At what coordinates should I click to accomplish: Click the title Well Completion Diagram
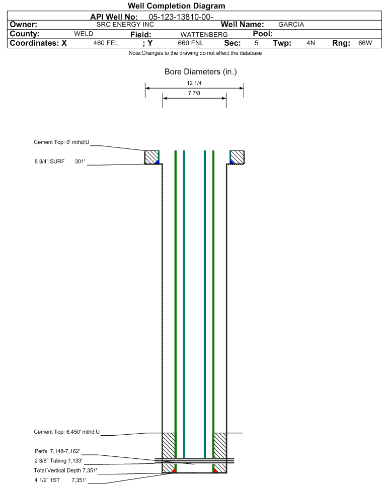click(177, 6)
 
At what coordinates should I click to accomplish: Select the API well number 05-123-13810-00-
click(181, 17)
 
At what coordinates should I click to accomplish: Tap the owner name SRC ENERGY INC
click(125, 24)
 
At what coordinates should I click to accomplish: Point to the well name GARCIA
click(291, 24)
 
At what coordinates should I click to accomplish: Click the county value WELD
click(84, 34)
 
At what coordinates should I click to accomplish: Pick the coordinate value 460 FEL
click(106, 43)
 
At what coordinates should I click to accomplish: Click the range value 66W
click(365, 43)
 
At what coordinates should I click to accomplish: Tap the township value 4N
click(311, 43)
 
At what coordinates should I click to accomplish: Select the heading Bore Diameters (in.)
click(200, 72)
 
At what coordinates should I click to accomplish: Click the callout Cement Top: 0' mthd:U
click(61, 142)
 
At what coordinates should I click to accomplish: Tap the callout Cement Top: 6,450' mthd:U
click(67, 432)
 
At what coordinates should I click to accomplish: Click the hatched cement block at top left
click(151, 157)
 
